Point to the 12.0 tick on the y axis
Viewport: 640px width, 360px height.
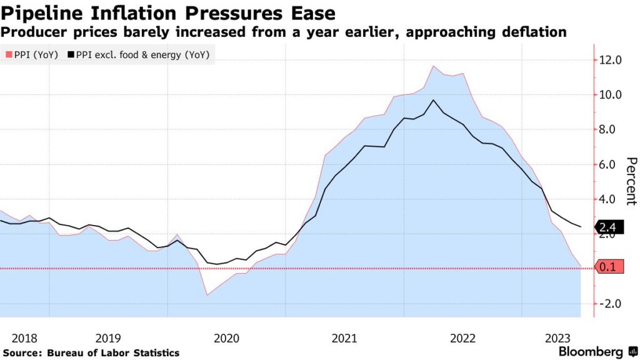tap(609, 60)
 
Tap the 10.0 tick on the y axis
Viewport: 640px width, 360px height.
tap(609, 95)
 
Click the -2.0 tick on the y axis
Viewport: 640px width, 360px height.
tap(609, 304)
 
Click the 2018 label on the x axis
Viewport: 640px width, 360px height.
tap(24, 338)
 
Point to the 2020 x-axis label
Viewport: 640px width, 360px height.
tap(226, 338)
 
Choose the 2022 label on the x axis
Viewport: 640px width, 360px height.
tap(463, 338)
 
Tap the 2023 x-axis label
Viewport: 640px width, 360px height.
tap(556, 338)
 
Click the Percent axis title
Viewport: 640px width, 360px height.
tap(631, 181)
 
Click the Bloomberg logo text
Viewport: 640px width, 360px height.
tap(590, 352)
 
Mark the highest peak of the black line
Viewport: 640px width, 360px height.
tap(434, 100)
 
